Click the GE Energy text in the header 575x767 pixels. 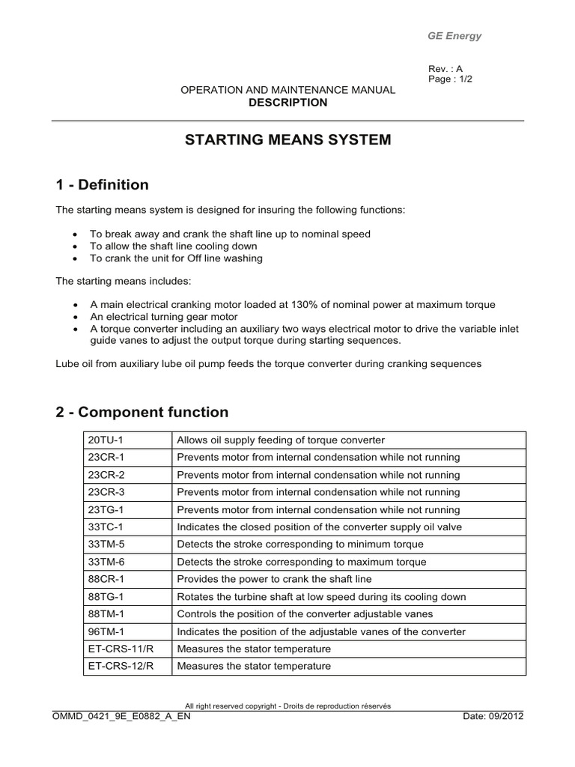click(454, 36)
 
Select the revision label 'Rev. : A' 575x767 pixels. click(445, 69)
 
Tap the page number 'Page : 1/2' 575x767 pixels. click(451, 79)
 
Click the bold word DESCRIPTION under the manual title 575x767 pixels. click(287, 103)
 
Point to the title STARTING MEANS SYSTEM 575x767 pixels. click(287, 140)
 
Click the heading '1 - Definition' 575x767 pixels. click(102, 184)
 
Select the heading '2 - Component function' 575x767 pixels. click(142, 412)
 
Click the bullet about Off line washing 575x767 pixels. click(176, 258)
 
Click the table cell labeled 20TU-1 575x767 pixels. click(106, 440)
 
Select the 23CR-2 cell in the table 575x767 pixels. click(106, 475)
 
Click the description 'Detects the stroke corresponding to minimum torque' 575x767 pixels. click(299, 545)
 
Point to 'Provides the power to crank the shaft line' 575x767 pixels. click(274, 579)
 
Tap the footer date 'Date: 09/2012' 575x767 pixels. click(493, 715)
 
